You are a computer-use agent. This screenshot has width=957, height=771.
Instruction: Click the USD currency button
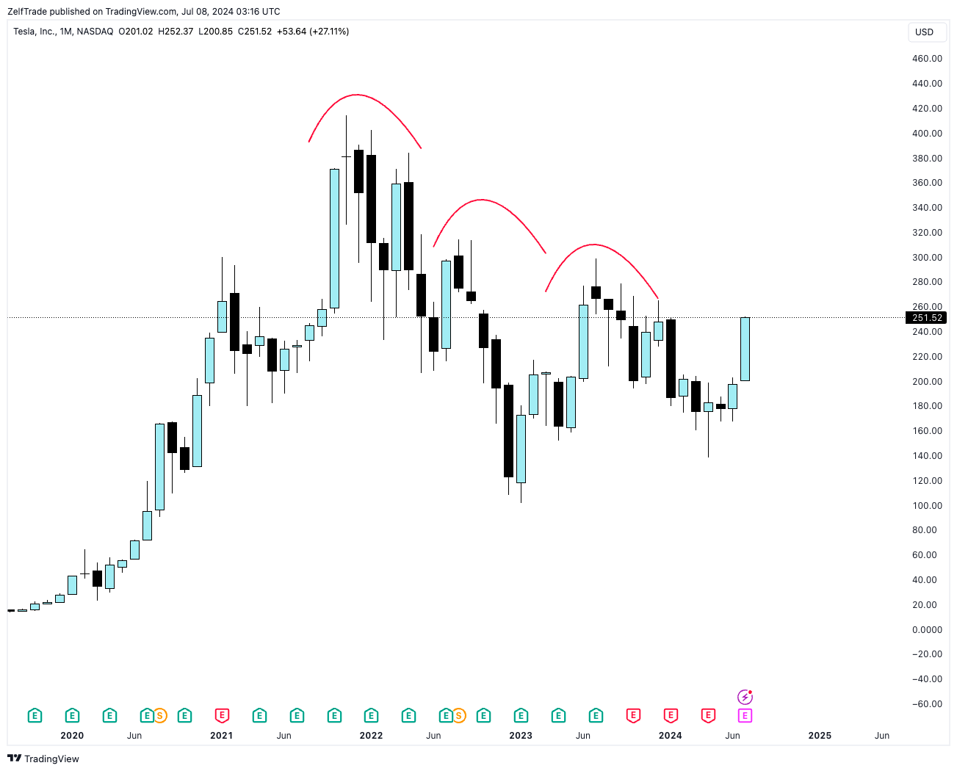[x=924, y=32]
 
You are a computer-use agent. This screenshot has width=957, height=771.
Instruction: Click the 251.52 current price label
[x=926, y=318]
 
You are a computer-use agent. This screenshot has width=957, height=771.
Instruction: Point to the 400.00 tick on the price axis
[x=927, y=134]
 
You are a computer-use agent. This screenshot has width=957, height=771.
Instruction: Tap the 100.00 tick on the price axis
[x=927, y=506]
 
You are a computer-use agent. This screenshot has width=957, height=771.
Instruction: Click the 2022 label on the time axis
[x=371, y=736]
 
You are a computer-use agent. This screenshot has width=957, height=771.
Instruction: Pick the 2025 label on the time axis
[x=820, y=736]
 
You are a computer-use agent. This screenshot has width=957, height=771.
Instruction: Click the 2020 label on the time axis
[x=72, y=736]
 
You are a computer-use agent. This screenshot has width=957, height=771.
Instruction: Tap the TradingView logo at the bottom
[x=43, y=759]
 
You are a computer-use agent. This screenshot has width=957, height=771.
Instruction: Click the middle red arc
[x=481, y=200]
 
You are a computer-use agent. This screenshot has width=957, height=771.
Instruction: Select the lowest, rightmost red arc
[x=594, y=245]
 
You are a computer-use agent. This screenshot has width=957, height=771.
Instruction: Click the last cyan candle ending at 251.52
[x=745, y=349]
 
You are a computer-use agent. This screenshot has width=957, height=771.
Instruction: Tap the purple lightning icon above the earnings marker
[x=745, y=697]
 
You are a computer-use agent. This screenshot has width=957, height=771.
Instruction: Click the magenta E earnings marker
[x=745, y=716]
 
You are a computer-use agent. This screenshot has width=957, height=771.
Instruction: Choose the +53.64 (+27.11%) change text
[x=313, y=32]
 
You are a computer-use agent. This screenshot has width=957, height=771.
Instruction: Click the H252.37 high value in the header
[x=176, y=32]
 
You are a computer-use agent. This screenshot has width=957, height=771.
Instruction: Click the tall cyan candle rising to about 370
[x=334, y=239]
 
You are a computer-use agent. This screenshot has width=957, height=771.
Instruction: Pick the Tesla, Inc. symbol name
[x=35, y=32]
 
